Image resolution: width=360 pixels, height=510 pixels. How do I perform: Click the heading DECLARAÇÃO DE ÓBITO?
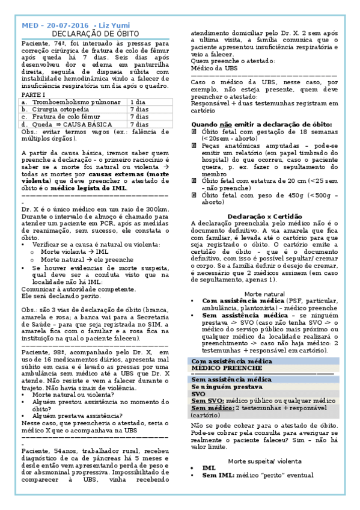96,34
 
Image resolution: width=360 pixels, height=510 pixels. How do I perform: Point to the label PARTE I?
33,95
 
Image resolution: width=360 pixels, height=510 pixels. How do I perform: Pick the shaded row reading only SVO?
198,394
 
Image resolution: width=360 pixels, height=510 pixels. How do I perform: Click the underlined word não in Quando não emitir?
226,123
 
